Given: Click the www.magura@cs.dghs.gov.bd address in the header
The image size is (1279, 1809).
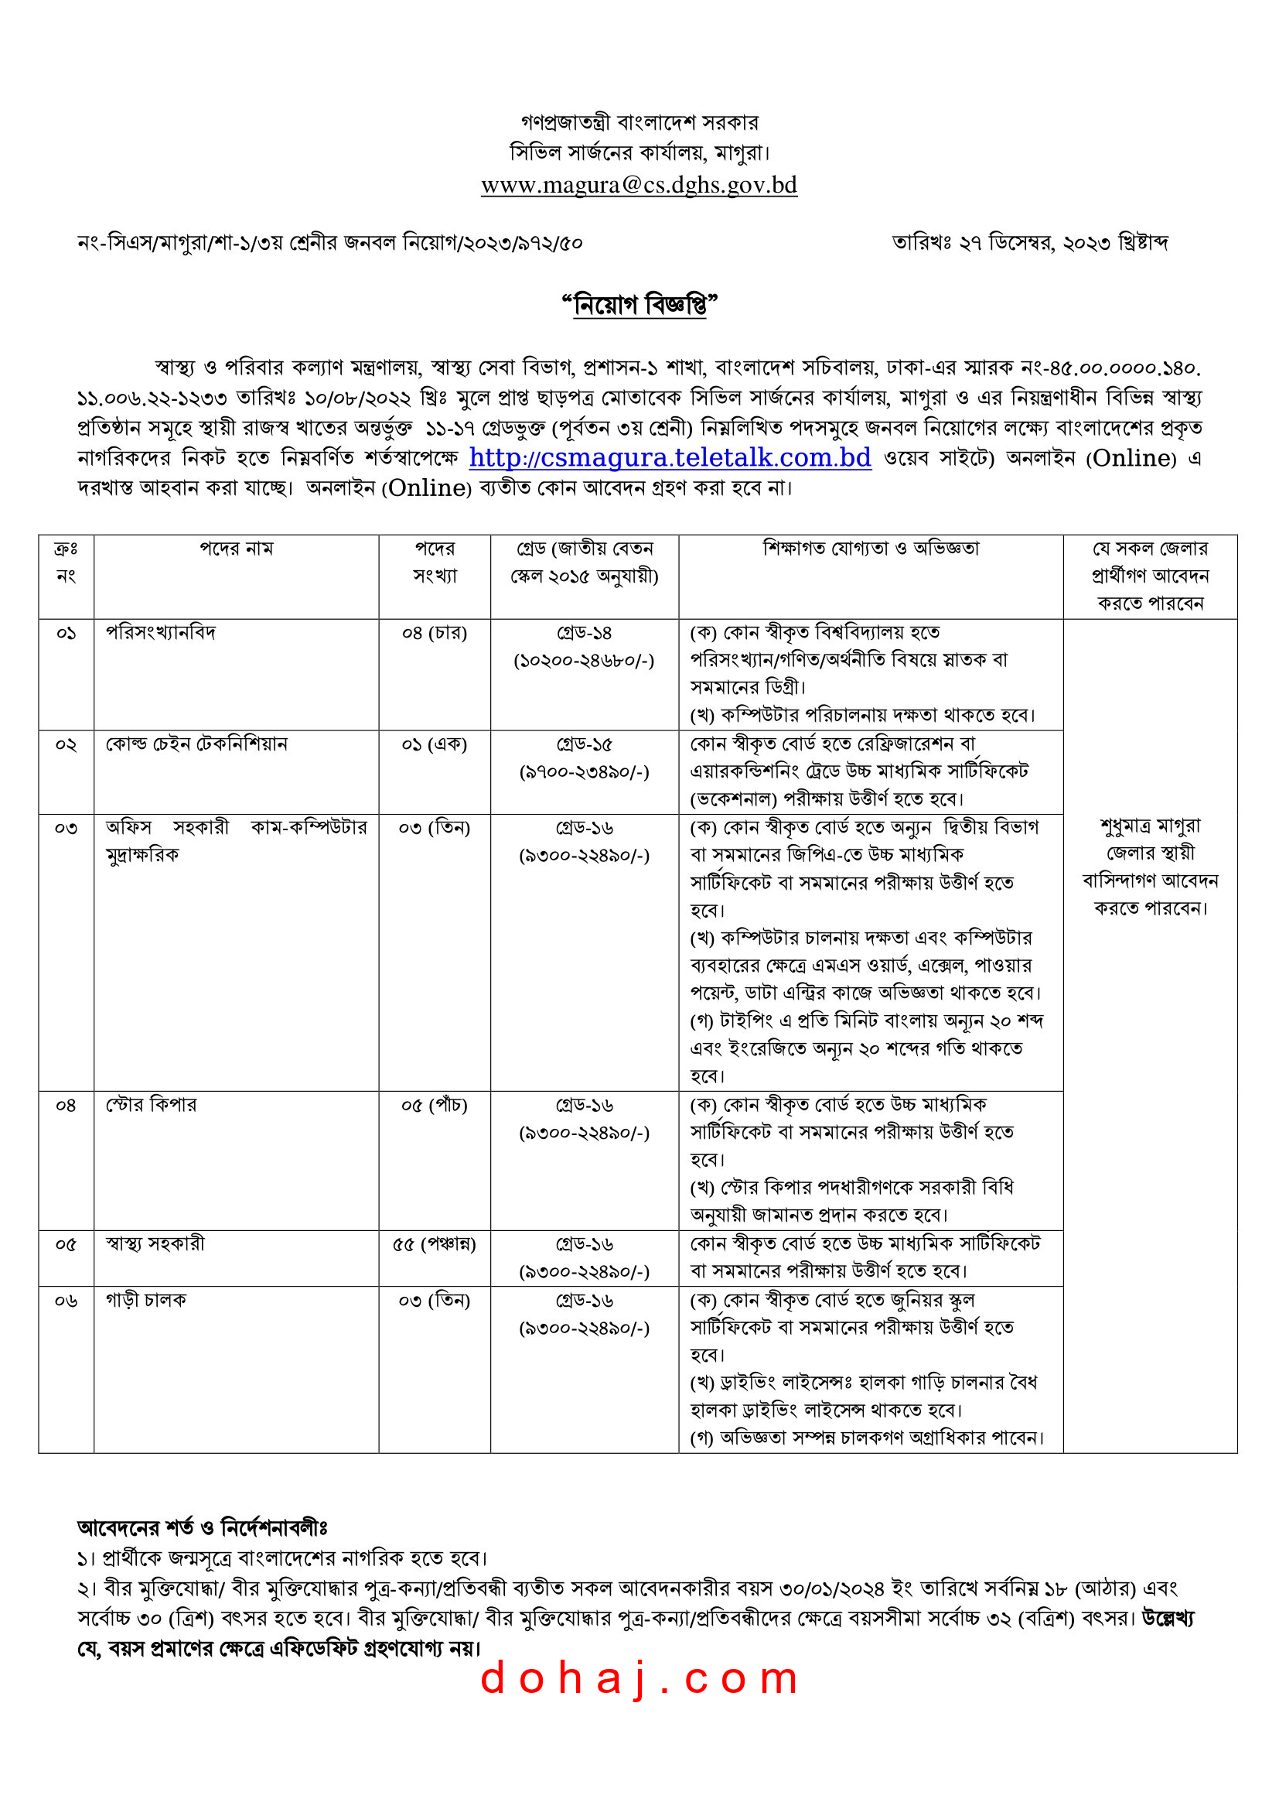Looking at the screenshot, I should click(639, 185).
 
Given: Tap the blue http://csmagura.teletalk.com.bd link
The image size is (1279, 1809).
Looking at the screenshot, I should click(670, 458).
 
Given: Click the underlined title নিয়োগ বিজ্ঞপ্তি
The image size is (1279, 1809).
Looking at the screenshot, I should click(639, 304).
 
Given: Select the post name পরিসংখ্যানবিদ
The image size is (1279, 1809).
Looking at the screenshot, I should click(161, 633).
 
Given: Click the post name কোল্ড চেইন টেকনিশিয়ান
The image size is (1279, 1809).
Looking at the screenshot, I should click(196, 744).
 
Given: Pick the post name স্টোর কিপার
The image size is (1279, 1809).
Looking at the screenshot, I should click(152, 1105).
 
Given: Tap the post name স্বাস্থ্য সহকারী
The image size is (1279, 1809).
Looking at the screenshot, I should click(155, 1243).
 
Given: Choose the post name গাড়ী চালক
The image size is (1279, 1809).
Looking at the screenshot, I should click(145, 1299).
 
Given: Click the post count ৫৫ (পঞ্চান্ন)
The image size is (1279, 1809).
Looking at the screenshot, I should click(434, 1244).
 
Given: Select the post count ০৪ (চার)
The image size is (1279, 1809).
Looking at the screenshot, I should click(434, 633).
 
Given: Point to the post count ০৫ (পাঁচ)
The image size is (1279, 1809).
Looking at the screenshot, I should click(434, 1106).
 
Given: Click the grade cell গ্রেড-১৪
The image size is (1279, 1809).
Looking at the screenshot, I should click(584, 633).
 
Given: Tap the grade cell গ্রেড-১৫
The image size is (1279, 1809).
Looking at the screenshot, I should click(584, 744).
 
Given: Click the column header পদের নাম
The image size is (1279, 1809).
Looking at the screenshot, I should click(236, 549).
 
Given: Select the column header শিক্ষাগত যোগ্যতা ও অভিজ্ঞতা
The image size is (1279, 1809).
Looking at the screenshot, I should click(870, 549).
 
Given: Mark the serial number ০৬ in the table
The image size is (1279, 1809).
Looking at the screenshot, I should click(66, 1300).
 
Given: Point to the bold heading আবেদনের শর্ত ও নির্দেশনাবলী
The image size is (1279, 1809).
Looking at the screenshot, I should click(202, 1527).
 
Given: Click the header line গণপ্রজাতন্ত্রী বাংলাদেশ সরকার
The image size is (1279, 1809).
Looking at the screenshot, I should click(639, 123).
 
